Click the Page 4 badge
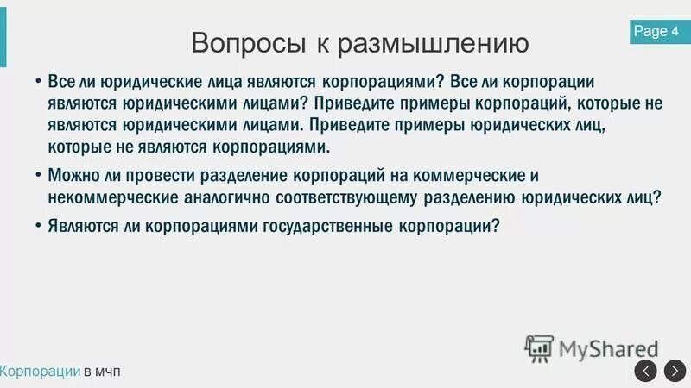pyautogui.click(x=656, y=32)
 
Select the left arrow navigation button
pyautogui.click(x=646, y=371)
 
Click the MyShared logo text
pyautogui.click(x=608, y=349)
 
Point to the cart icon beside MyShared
pyautogui.click(x=539, y=348)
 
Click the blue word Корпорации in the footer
pyautogui.click(x=41, y=371)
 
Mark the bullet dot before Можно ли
pyautogui.click(x=38, y=174)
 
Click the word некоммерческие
pyautogui.click(x=107, y=197)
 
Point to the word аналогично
pyautogui.click(x=223, y=197)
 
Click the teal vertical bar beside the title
pyautogui.click(x=3, y=34)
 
